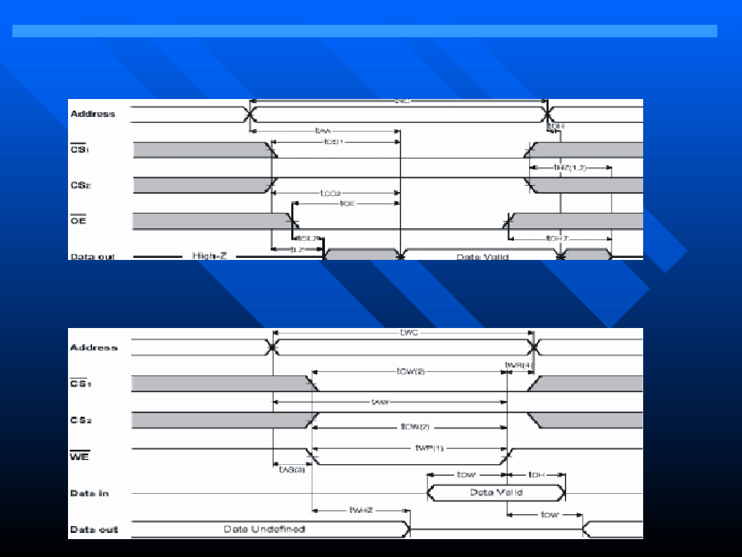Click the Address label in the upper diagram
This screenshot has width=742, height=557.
tap(93, 113)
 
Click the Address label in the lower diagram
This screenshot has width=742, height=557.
tap(93, 347)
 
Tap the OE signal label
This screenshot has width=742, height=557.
tap(78, 221)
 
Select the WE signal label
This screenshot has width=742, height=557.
tap(80, 455)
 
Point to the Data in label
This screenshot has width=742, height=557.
tap(89, 493)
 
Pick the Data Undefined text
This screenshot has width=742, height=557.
tap(265, 529)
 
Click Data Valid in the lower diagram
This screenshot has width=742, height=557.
tap(496, 492)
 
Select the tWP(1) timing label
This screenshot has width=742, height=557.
tap(430, 448)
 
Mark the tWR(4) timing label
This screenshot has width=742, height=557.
tap(519, 364)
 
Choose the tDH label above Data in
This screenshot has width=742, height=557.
tap(536, 474)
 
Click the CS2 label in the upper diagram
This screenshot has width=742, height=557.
tap(81, 185)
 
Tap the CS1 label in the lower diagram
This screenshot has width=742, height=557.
tap(80, 383)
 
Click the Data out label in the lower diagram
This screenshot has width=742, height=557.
tap(94, 529)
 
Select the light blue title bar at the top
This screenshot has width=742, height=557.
tap(364, 31)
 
